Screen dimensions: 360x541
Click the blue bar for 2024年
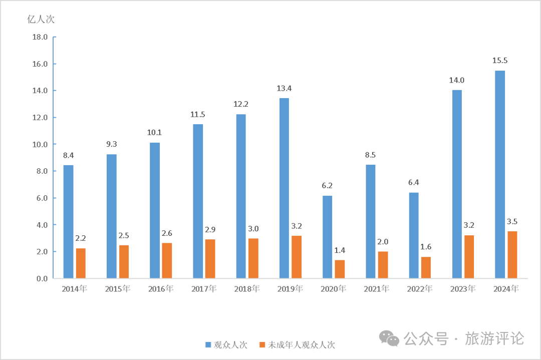(x=499, y=174)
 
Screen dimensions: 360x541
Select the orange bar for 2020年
(x=340, y=269)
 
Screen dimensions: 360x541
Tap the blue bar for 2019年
(x=284, y=188)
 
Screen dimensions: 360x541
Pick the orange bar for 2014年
(x=81, y=263)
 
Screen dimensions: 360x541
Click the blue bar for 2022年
(x=414, y=235)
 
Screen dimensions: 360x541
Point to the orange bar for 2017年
(x=210, y=258)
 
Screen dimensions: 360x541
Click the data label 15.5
(x=499, y=61)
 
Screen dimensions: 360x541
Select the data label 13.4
(x=284, y=89)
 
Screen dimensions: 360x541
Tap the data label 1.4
(x=340, y=250)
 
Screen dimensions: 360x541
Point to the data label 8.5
(x=370, y=155)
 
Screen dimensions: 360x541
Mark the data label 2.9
(x=210, y=230)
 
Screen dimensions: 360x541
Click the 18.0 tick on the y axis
(x=40, y=37)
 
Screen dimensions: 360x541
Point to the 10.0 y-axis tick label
(x=40, y=144)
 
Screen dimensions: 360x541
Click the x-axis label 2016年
(x=161, y=289)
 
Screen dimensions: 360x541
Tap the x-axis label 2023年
(x=463, y=289)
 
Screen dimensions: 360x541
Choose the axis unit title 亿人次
(x=41, y=20)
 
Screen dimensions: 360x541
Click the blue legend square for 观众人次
(x=208, y=344)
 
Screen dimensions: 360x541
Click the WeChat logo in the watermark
(x=389, y=338)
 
